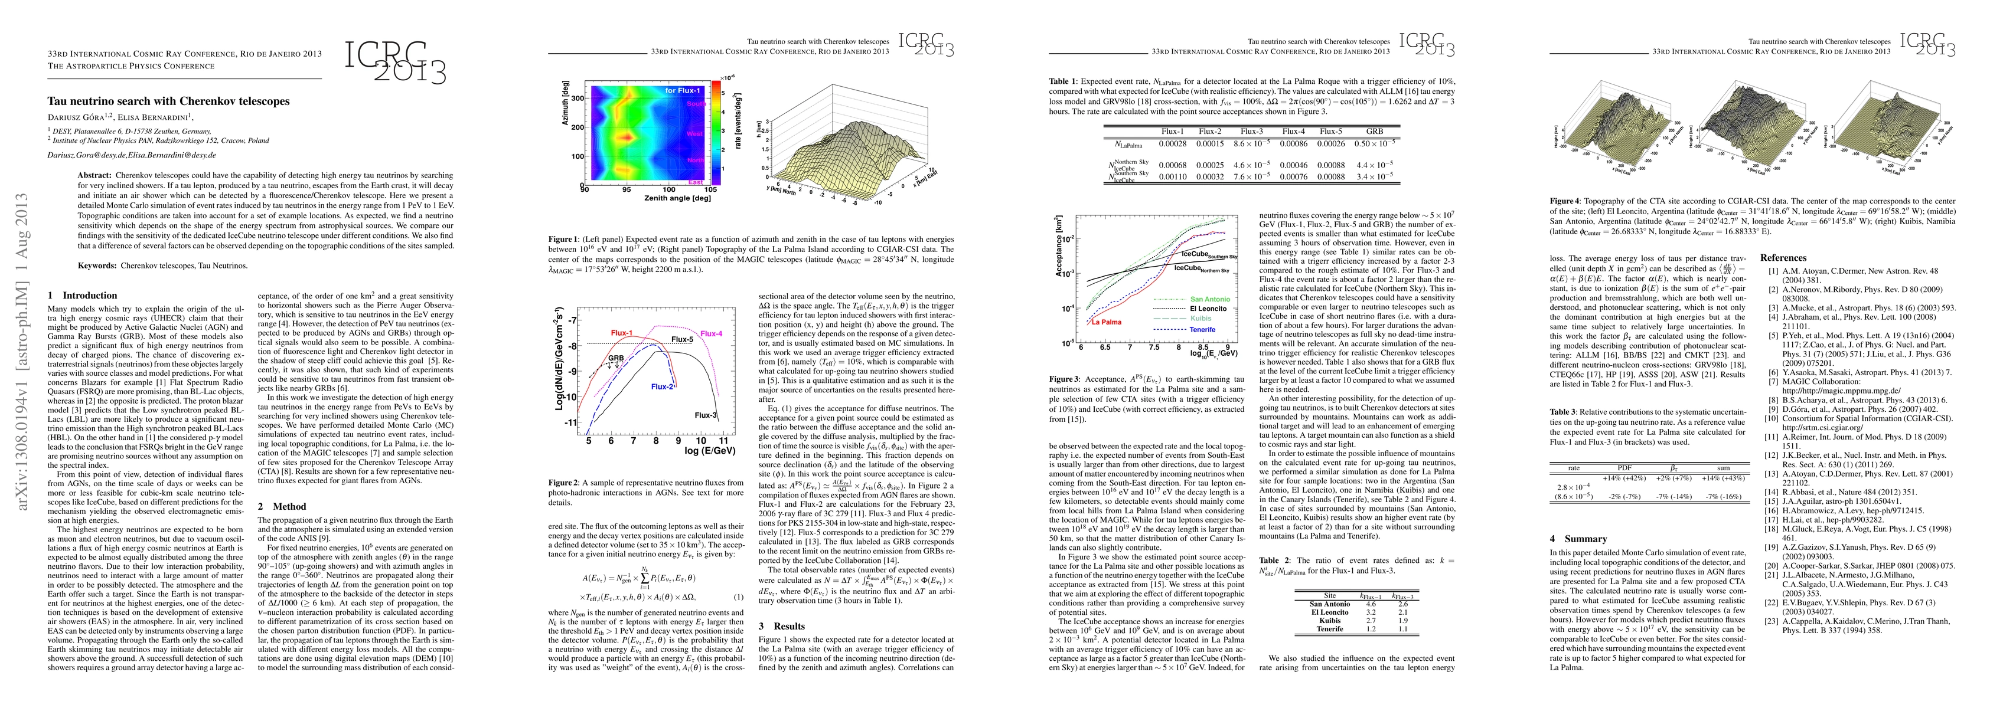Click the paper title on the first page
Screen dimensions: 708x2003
(x=168, y=101)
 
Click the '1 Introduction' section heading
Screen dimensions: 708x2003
(x=83, y=296)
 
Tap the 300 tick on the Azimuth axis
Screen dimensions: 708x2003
(x=577, y=99)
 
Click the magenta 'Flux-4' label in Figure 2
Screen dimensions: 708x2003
(x=711, y=334)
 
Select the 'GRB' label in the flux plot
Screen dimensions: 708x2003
(x=616, y=358)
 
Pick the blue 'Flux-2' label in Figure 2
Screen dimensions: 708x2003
(x=662, y=386)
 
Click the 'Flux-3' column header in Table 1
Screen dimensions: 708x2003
(x=1251, y=132)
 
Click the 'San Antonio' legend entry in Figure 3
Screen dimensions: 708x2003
(x=1210, y=299)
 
